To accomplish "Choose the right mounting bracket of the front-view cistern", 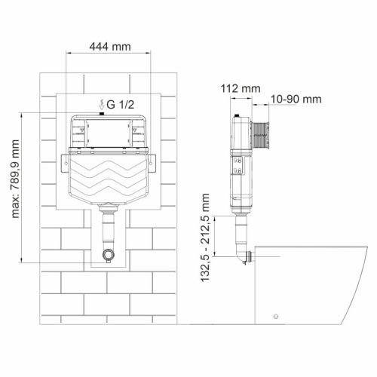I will coord(153,159).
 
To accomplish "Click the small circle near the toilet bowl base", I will coord(276,315).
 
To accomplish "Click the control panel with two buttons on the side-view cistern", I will coord(241,166).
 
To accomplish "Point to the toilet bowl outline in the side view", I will coord(309,287).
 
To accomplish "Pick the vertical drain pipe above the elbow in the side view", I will coord(241,230).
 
